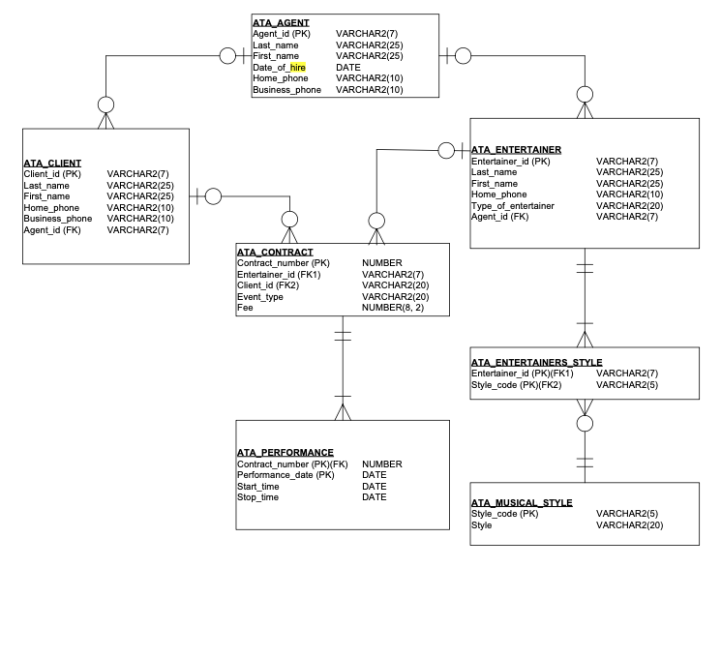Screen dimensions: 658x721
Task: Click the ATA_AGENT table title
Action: [282, 21]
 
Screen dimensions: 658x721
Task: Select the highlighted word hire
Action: [297, 68]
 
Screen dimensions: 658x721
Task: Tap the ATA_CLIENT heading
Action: [52, 163]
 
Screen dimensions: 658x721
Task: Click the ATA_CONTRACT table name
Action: [275, 252]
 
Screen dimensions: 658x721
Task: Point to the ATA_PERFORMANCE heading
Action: [285, 452]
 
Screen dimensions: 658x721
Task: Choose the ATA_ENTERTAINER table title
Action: [516, 149]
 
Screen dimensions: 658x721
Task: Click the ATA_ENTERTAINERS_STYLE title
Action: [536, 362]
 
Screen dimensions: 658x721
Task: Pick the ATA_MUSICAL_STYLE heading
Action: [522, 502]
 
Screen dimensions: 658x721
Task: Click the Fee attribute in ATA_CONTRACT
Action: [245, 308]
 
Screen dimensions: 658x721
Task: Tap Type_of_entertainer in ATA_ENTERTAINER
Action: [512, 205]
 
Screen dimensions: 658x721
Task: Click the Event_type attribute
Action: [260, 297]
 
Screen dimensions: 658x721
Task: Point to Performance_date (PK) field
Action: [285, 475]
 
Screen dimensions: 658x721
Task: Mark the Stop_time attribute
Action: [257, 497]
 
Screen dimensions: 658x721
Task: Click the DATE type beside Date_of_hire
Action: [347, 68]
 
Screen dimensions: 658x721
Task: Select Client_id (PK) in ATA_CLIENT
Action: [53, 174]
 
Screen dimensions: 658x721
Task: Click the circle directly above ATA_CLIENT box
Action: [105, 104]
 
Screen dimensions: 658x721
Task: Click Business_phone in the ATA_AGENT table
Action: [286, 90]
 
